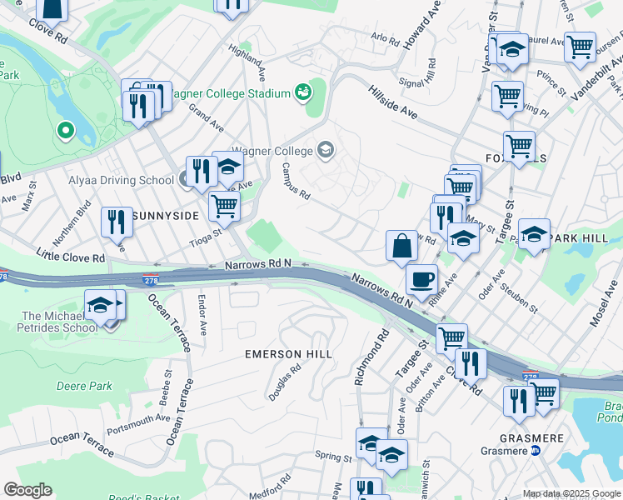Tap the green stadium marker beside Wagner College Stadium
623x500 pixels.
click(x=302, y=92)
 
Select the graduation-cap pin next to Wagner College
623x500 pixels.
click(x=326, y=151)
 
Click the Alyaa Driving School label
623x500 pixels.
click(x=121, y=180)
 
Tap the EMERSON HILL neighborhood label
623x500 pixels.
click(x=288, y=354)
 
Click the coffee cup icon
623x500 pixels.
click(x=421, y=277)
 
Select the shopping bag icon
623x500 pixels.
click(x=401, y=246)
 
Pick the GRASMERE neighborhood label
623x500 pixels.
click(x=533, y=437)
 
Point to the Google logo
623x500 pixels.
click(x=27, y=490)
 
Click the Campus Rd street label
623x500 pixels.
click(x=295, y=181)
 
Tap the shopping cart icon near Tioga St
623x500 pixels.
click(x=223, y=204)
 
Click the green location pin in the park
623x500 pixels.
click(x=64, y=131)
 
